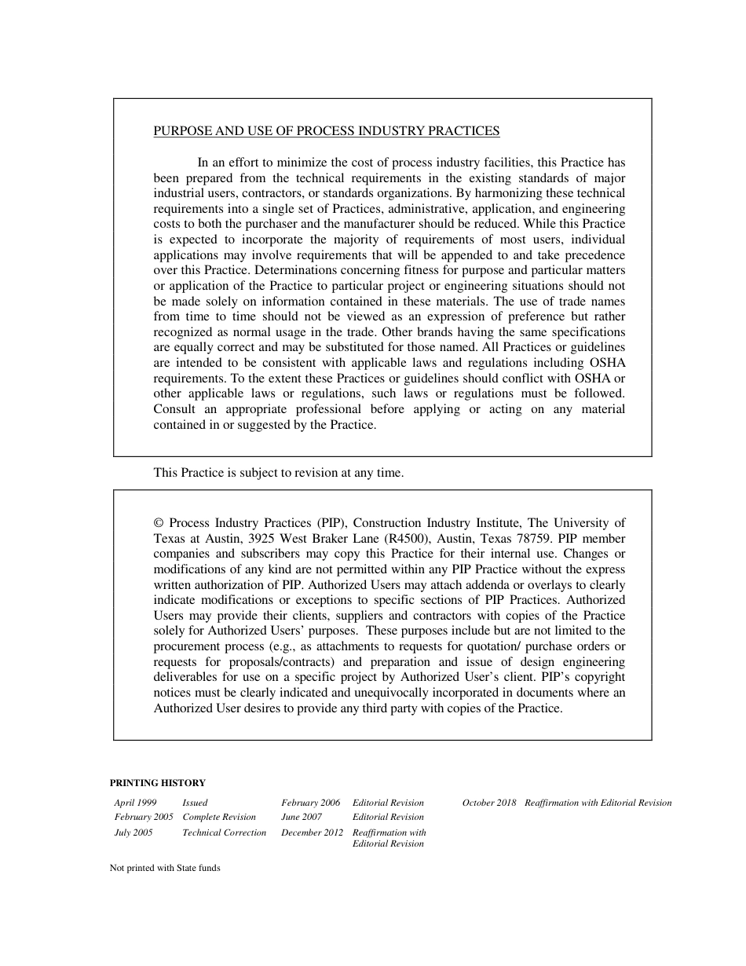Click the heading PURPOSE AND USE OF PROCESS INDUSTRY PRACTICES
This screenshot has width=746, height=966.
[326, 131]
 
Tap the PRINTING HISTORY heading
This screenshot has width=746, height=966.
[157, 783]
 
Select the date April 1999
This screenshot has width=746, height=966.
[135, 803]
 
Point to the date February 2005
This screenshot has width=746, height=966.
[144, 818]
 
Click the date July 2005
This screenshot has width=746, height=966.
[133, 832]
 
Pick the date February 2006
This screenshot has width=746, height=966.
[310, 803]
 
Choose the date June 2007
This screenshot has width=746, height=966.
[302, 818]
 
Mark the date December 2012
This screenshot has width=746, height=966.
[312, 832]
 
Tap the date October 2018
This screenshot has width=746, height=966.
[489, 803]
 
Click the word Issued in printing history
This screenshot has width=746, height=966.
[195, 803]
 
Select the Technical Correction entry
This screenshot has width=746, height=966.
[224, 832]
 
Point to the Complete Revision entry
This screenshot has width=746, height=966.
[219, 818]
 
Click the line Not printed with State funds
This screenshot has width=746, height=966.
[165, 868]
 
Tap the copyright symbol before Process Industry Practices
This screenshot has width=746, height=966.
[158, 523]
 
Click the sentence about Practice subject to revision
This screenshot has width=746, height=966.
[278, 473]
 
